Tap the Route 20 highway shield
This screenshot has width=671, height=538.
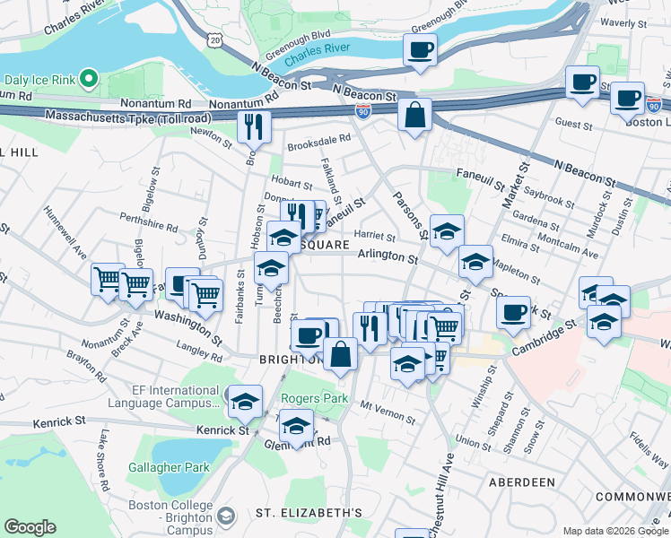click(x=213, y=39)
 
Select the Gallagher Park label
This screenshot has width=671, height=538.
click(x=170, y=467)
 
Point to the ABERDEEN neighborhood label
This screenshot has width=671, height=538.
click(x=522, y=482)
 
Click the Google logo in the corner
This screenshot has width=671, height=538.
click(x=30, y=527)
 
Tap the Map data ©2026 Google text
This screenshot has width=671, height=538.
click(x=614, y=531)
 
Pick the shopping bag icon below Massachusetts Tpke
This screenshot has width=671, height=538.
click(x=414, y=114)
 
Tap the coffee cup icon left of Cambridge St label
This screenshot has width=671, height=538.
click(x=513, y=312)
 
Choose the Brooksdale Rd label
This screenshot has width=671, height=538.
click(x=318, y=141)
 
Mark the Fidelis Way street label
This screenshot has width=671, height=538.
click(x=648, y=450)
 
